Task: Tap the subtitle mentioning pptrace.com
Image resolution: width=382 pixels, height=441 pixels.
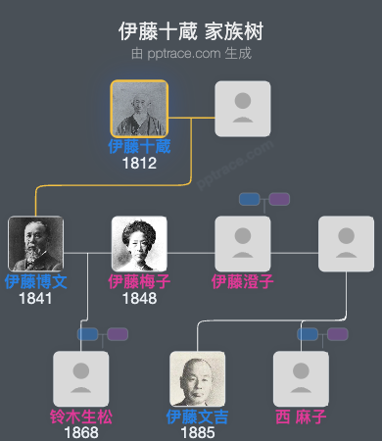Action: point(191,53)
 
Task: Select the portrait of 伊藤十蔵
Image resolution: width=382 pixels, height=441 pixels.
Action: point(139,109)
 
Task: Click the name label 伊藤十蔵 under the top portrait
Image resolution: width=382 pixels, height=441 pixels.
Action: point(139,147)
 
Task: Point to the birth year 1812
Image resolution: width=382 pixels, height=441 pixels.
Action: point(139,164)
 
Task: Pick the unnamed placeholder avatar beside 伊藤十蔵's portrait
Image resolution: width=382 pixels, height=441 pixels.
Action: point(243,109)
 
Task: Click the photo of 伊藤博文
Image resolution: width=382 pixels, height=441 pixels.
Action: point(35,244)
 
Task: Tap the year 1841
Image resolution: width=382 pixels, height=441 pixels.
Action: point(35,298)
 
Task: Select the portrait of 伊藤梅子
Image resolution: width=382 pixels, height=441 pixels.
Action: point(139,244)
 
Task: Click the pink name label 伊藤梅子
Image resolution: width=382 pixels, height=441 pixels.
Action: point(139,281)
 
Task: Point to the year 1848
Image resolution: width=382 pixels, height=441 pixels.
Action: point(139,298)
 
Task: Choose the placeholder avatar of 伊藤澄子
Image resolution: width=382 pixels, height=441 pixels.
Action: point(243,244)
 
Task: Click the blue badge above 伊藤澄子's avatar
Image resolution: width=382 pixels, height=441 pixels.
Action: point(250,199)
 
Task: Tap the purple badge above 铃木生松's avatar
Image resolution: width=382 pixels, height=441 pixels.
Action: point(119,334)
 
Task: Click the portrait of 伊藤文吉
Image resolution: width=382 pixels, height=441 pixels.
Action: point(198,378)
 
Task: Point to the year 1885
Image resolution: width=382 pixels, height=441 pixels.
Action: point(198,432)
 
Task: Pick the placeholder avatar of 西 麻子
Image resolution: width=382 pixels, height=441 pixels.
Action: point(301,378)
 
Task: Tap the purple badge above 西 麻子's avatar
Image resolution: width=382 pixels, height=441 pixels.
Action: point(338,334)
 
